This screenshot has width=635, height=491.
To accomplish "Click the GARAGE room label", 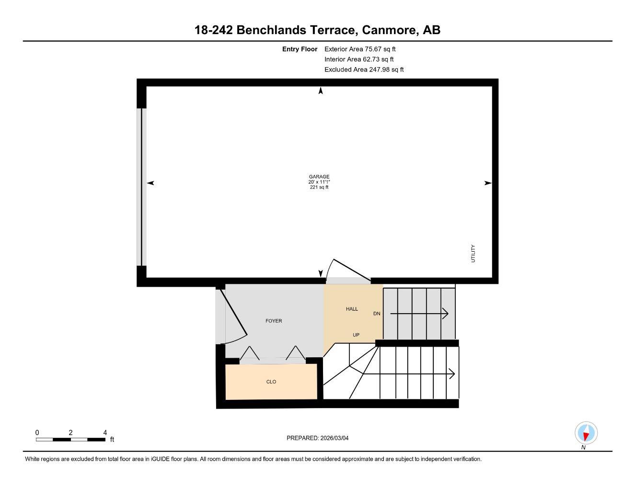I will pos(319,176).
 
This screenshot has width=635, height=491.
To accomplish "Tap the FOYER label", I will pos(274,321).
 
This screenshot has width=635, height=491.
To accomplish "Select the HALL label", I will pos(352,309).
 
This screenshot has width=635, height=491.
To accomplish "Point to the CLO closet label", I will pos(271,382).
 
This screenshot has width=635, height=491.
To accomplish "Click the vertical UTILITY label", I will pos(473,254).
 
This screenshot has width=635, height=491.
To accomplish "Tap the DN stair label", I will pos(377,314).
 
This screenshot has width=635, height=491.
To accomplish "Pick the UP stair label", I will pos(356,335).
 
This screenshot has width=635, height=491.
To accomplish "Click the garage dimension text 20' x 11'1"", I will pos(319,182).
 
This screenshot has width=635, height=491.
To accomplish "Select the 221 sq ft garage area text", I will pos(319,187).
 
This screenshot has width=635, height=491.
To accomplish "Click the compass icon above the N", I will pos(586,433).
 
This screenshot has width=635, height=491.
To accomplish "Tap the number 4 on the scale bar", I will pos(105,433).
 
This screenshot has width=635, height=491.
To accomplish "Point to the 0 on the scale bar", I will pos(37,433).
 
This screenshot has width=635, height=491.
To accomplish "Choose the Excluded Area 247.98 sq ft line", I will pos(364,70).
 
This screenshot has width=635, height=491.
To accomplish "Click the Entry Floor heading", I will pos(300,49).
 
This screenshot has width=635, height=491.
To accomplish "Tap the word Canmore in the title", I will pos(389,30).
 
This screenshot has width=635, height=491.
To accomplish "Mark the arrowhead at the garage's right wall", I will pos(488,183).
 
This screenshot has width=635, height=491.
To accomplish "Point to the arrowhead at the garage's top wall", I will pos(321,91).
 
